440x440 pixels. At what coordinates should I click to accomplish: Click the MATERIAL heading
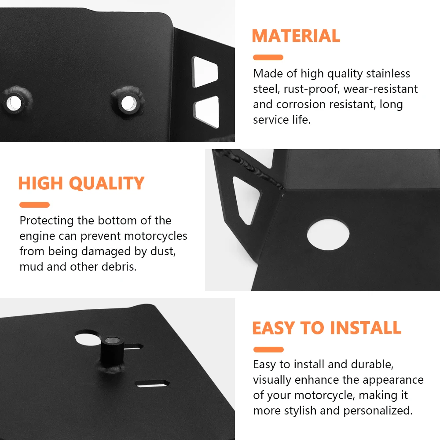coord(296,36)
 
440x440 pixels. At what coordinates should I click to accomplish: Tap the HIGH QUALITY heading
coord(81,183)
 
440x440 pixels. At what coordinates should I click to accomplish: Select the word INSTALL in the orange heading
coord(366,328)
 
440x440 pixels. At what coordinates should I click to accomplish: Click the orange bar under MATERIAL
coord(268,58)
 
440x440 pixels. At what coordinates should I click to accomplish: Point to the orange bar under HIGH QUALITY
coord(34,205)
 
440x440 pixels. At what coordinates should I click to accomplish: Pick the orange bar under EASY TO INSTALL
coord(268,350)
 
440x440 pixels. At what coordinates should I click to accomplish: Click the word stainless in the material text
coord(388,73)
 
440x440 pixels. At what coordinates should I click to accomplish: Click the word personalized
coord(378,411)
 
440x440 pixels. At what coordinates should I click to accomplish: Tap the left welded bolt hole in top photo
coord(14,103)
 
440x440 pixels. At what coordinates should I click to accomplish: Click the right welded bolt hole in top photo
coord(128,103)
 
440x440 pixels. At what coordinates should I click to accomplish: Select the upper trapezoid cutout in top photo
coord(205,72)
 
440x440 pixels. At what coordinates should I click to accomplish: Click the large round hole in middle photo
coord(328,235)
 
